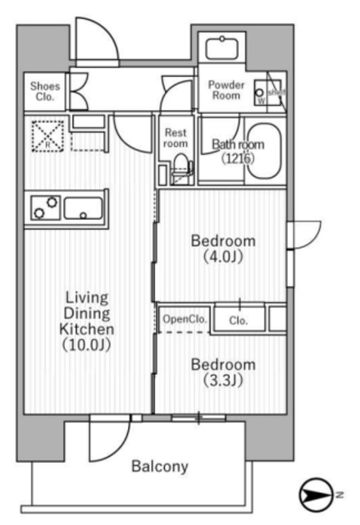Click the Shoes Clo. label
43,90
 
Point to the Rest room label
175,137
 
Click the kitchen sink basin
83,208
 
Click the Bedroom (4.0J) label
223,249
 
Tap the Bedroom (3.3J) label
223,371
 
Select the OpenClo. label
184,319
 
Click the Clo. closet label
239,320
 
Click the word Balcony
161,467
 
